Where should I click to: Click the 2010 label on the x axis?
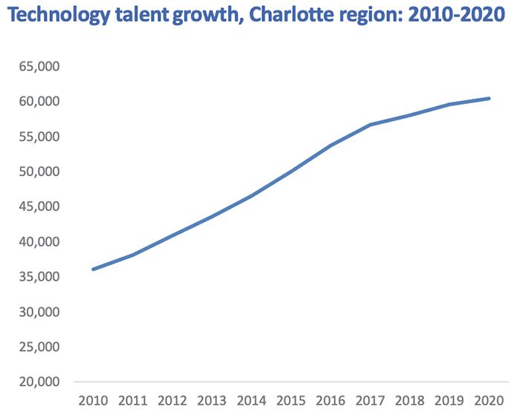pos(93,401)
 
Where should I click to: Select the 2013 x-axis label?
pos(211,401)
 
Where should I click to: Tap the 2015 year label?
pos(290,401)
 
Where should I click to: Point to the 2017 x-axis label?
pos(370,401)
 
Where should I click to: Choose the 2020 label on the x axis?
pos(488,401)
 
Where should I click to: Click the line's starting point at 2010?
pos(93,269)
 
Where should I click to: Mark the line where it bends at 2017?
pos(370,125)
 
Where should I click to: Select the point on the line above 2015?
pos(290,172)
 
